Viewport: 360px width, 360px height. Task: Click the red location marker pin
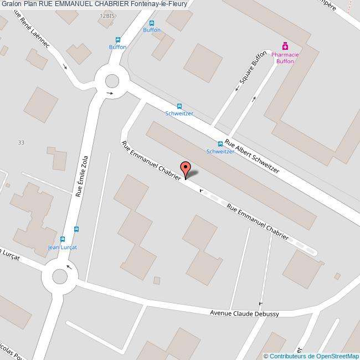click(x=186, y=168)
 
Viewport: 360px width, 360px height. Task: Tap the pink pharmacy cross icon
click(x=285, y=46)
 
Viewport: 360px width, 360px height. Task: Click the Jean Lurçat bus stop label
click(x=62, y=247)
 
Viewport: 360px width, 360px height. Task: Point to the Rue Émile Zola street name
click(x=81, y=176)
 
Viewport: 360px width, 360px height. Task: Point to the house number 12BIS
click(x=107, y=17)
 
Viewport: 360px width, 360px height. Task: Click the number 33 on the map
click(x=21, y=142)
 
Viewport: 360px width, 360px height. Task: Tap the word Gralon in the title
click(x=11, y=4)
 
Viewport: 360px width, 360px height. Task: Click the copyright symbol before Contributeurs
click(x=266, y=356)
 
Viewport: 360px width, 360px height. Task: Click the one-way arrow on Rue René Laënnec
click(x=65, y=68)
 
